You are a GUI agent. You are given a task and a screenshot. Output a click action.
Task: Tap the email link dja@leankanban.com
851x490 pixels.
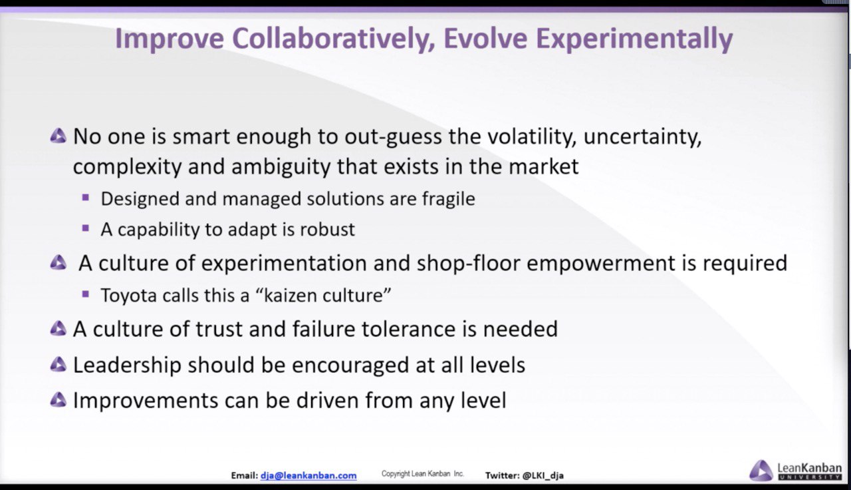[x=308, y=475]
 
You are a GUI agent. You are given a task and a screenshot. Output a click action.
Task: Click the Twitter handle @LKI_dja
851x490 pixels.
[x=543, y=475]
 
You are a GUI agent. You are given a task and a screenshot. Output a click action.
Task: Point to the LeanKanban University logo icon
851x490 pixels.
[x=761, y=470]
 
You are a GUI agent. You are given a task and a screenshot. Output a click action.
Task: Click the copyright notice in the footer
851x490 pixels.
[x=422, y=473]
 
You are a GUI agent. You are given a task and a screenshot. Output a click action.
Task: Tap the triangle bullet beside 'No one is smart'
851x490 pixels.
[x=58, y=136]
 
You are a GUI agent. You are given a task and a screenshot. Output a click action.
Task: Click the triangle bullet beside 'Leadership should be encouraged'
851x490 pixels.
[x=58, y=364]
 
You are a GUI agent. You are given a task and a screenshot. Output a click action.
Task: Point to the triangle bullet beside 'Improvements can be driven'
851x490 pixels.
[x=58, y=400]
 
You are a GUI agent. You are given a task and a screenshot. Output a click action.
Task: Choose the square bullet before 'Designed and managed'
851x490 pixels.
[x=86, y=198]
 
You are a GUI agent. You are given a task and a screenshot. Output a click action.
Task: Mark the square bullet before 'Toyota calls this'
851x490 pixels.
[x=86, y=294]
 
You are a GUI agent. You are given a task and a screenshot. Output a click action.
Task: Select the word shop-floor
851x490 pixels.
[x=469, y=263]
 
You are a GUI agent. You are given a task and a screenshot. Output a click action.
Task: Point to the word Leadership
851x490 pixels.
[x=127, y=366]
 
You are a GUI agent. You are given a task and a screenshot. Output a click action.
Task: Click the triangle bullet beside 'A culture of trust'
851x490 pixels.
[x=58, y=329]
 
